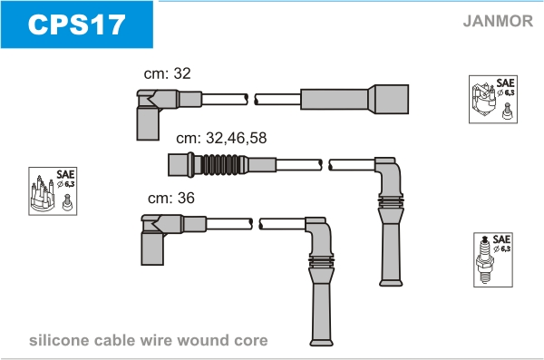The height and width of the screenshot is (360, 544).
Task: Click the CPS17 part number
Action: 76,24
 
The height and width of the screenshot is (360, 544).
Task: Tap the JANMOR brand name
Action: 498,21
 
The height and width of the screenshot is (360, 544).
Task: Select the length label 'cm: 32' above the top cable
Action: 167,73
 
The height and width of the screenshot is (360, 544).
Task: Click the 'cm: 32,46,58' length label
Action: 221,138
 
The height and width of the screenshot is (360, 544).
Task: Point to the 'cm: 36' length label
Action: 171,198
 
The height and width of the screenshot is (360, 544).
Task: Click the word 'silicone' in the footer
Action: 59,340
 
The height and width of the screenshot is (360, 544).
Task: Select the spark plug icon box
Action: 493,259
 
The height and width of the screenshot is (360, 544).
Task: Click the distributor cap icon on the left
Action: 53,191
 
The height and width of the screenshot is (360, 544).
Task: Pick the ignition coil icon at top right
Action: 493,99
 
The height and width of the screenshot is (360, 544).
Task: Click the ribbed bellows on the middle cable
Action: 220,164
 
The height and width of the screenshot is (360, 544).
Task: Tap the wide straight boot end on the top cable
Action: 389,99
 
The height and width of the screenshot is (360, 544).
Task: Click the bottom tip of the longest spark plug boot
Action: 321,344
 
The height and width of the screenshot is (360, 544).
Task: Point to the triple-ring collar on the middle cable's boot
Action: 391,201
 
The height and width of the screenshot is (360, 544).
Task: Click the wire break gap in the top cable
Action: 251,99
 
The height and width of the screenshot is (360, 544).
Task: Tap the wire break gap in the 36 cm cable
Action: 256,224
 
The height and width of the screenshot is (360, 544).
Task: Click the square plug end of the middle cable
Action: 179,164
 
